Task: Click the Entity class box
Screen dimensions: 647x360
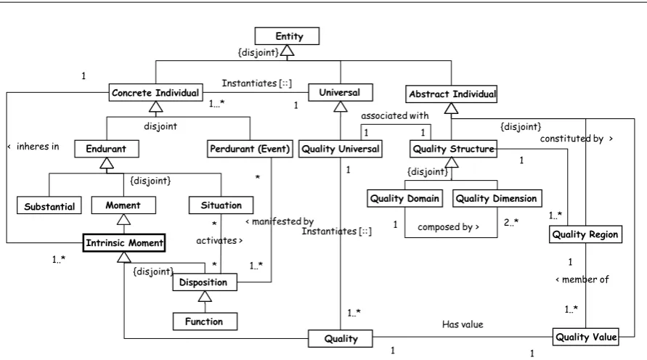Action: (287, 36)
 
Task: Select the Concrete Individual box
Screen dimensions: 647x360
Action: (155, 92)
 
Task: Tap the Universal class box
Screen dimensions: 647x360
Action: (341, 92)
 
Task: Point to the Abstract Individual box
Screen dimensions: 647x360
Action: (452, 94)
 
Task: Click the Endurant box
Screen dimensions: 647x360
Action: (107, 149)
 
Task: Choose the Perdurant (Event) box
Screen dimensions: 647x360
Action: (250, 149)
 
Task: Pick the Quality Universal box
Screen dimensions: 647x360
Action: (341, 149)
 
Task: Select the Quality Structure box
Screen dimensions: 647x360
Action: (453, 149)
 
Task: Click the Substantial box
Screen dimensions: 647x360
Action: (49, 205)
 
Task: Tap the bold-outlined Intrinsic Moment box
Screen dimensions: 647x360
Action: (124, 242)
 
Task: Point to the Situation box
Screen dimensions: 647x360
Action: (221, 205)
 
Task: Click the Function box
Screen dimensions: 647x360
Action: (205, 322)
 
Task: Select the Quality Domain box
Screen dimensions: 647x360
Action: (404, 198)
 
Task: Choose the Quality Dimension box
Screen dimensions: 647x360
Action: (497, 198)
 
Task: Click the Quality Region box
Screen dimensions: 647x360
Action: (585, 234)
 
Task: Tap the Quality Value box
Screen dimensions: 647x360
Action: (586, 337)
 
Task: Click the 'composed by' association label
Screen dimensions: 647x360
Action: (448, 226)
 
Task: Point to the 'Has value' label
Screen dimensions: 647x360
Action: (463, 324)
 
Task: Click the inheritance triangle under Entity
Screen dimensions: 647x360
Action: (287, 50)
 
